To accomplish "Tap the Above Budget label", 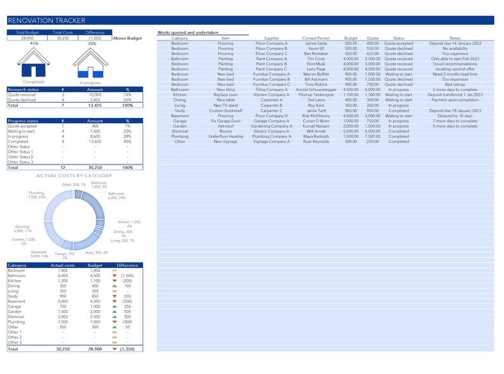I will [128, 38].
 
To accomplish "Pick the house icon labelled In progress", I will [90, 64].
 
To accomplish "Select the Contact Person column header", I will [315, 38].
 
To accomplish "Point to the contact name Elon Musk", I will [315, 64].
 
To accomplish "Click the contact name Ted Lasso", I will [315, 100].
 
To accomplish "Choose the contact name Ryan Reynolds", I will [315, 141].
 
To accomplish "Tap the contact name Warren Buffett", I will [315, 74].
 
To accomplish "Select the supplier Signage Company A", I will [271, 141].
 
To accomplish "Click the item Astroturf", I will [225, 126].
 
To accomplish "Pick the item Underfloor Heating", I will [225, 136].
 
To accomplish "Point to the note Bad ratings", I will [454, 84].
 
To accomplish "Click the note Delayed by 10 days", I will [454, 115].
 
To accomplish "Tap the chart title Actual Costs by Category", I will [74, 176].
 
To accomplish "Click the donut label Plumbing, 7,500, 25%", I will [37, 195].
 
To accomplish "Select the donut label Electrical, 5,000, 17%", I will [23, 229].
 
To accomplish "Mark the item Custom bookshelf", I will [225, 110].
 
